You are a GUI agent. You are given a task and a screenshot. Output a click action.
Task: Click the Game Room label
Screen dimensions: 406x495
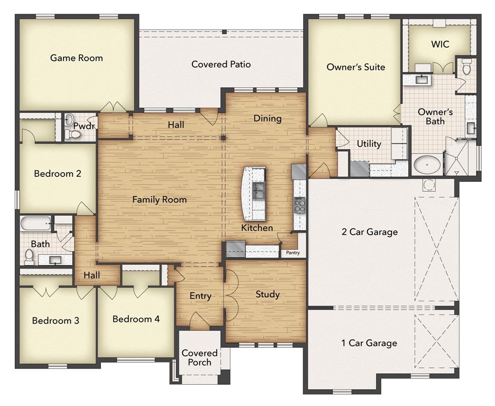click(x=76, y=58)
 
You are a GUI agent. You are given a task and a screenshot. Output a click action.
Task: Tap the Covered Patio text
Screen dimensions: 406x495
click(x=221, y=64)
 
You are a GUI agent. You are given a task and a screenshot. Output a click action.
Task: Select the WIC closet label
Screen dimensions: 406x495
click(x=440, y=44)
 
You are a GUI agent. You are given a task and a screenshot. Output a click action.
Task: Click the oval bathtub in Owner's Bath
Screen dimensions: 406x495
click(x=428, y=165)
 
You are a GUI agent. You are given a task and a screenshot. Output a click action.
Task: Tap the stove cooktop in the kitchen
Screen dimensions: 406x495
click(x=300, y=205)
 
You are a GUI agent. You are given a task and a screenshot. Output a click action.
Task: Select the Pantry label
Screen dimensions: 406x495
click(x=293, y=253)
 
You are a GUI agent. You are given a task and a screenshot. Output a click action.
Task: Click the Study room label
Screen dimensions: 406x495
click(x=267, y=294)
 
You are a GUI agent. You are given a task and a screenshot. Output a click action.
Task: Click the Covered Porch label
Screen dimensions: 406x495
click(x=199, y=357)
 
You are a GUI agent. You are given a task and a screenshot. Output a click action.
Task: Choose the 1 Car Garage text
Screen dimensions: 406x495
click(x=369, y=343)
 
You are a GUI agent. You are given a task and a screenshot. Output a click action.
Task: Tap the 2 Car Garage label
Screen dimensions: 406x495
click(x=370, y=232)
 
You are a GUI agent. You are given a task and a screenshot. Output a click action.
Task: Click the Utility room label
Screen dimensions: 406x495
click(x=369, y=144)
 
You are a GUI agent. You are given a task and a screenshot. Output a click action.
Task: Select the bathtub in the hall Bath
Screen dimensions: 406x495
click(x=36, y=224)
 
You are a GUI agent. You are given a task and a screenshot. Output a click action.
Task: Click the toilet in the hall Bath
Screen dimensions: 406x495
click(x=30, y=257)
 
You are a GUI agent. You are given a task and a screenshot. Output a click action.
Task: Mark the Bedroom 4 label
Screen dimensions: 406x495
click(x=136, y=319)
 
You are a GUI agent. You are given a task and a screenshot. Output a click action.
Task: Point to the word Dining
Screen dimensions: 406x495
click(x=267, y=118)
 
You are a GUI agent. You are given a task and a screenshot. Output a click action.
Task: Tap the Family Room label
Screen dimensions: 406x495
click(x=159, y=200)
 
